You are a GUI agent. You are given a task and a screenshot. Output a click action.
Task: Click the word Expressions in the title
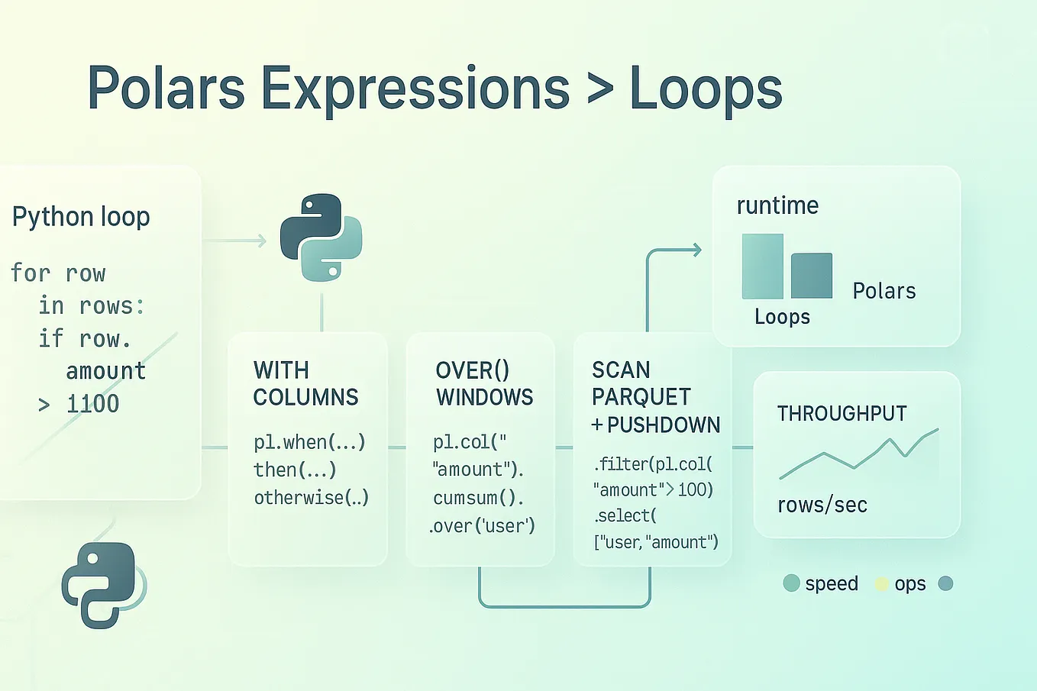(x=415, y=89)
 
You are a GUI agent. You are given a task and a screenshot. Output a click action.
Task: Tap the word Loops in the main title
(x=706, y=89)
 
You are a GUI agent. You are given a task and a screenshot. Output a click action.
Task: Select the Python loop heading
(x=81, y=217)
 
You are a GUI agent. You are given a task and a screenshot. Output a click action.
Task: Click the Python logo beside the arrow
(x=321, y=237)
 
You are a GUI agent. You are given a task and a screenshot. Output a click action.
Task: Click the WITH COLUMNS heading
(x=305, y=384)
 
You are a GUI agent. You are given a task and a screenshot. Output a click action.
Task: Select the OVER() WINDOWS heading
(x=484, y=384)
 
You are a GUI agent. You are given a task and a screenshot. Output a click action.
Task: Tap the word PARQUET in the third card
(x=641, y=397)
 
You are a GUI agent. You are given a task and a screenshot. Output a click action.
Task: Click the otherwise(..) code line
(x=311, y=498)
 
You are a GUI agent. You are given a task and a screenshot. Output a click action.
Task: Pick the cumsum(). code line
(x=478, y=498)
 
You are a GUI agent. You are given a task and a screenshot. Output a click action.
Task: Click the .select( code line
(x=625, y=515)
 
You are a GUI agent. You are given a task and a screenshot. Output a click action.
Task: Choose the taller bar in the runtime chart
(x=762, y=266)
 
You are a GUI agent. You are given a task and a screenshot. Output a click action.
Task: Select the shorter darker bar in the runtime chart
(x=811, y=276)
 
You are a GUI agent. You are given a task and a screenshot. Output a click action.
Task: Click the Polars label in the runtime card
(x=884, y=291)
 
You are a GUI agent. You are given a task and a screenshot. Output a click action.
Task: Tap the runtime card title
(x=777, y=205)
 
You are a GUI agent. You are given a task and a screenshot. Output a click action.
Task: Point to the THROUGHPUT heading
(x=842, y=414)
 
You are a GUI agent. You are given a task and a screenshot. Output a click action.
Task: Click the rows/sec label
(x=822, y=505)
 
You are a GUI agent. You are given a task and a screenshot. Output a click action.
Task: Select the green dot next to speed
(x=791, y=583)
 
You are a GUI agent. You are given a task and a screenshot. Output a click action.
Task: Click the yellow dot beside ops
(x=881, y=584)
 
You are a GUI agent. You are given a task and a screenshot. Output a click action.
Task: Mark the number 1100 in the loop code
(x=92, y=404)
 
